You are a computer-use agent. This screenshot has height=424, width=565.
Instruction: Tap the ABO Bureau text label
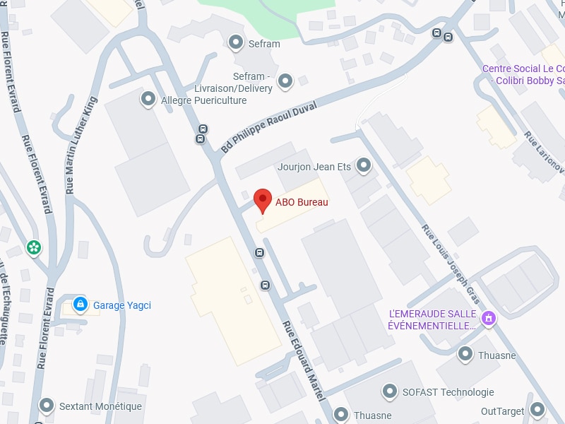[x=302, y=203]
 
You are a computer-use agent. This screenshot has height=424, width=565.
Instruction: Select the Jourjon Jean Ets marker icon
[x=364, y=166]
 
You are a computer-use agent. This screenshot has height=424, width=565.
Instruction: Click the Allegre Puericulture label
[x=204, y=100]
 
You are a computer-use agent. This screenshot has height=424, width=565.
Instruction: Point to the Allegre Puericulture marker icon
[x=148, y=100]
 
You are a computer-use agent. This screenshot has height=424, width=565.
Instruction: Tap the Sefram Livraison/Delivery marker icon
[x=285, y=82]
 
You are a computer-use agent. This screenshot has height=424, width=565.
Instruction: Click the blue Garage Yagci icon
[x=81, y=305]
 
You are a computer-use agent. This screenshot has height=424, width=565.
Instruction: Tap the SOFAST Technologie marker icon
[x=389, y=391]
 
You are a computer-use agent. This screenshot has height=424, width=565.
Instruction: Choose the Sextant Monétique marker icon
[x=47, y=406]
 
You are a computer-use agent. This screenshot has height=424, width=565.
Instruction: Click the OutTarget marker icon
[x=537, y=409]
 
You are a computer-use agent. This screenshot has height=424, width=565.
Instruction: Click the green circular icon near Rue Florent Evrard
[x=33, y=247]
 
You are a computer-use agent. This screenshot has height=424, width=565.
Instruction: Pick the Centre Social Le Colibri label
[x=523, y=75]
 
